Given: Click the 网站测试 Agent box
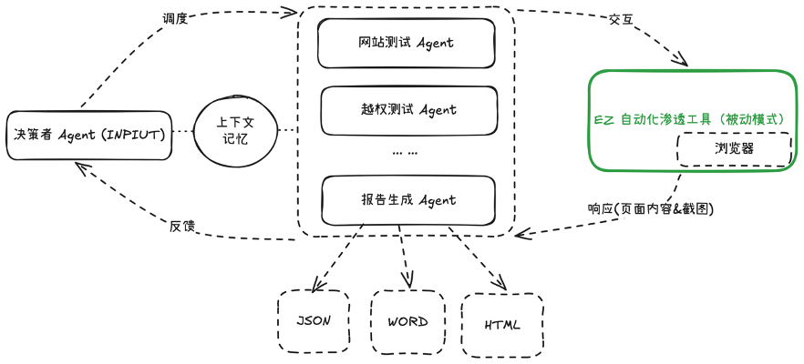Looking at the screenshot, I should pos(406,43).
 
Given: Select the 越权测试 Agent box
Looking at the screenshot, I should pos(407,110).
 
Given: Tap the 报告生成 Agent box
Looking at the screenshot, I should pos(407,200).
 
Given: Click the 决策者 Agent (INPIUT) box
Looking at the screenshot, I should pos(88,136).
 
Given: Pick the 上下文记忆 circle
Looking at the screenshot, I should pos(236,133).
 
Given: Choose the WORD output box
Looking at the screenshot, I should pos(407,321).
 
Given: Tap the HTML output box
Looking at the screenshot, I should pos(502,324).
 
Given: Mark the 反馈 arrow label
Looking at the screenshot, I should pos(182,225).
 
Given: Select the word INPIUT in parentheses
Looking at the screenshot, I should pos(135,136).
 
